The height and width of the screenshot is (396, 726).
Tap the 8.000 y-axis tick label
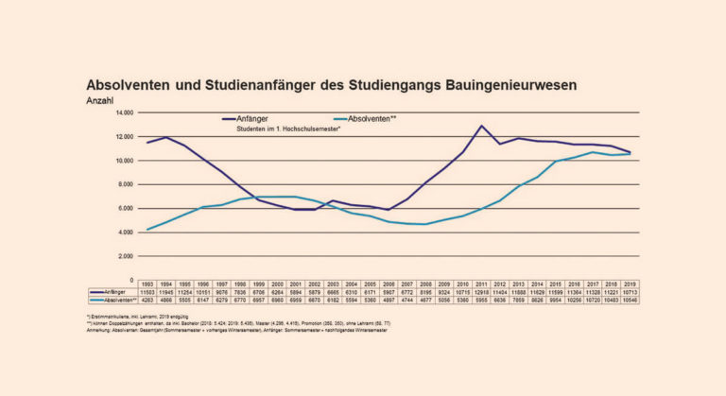point(127,184)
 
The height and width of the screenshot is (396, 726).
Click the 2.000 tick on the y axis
point(127,256)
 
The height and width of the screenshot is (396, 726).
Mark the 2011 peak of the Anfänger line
point(482,126)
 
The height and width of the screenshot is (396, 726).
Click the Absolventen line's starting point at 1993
point(146,230)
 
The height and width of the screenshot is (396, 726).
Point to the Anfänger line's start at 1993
point(146,143)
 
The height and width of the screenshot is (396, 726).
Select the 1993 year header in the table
point(146,284)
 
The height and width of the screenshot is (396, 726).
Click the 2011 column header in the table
point(482,284)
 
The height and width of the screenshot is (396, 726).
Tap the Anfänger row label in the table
point(112,292)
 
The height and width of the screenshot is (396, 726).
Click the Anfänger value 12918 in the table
point(482,292)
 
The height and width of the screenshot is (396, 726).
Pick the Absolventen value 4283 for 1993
point(146,300)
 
